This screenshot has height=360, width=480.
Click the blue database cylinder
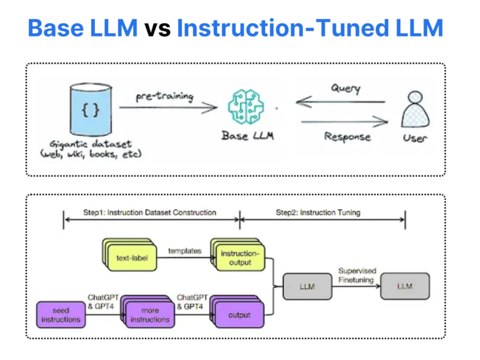[x=91, y=109]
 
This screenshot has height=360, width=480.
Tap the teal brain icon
[x=246, y=107]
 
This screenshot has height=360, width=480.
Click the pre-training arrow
[x=168, y=108]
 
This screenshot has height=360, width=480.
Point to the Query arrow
[x=340, y=102]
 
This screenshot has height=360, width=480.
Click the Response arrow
[x=345, y=122]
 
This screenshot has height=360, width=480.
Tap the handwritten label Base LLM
[x=248, y=136]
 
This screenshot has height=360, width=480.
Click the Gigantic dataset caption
[x=91, y=149]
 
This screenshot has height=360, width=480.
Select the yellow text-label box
[x=130, y=255]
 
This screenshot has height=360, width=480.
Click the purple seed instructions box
[x=61, y=315]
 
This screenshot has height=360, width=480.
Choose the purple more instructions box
[x=148, y=312]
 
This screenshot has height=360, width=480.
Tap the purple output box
[x=237, y=312]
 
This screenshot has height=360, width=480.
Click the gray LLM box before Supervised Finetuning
[x=307, y=287]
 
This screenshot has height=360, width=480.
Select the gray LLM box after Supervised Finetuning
[x=405, y=286]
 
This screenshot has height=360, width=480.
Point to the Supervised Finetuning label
[x=357, y=275]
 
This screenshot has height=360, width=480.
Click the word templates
[x=185, y=251]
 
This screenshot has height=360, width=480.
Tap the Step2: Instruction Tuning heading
[x=318, y=213]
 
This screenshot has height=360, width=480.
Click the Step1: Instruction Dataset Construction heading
[x=150, y=213]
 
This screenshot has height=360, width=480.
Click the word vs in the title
[x=157, y=28]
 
